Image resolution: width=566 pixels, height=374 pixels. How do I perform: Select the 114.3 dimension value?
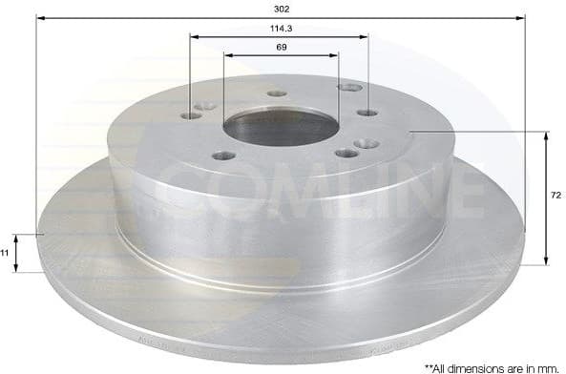coord(279,28)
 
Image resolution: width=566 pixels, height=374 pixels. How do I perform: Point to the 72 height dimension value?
coord(556,196)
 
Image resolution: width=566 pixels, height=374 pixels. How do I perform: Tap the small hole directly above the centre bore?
coord(278,93)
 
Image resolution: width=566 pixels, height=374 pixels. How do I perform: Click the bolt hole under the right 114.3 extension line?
coord(368,113)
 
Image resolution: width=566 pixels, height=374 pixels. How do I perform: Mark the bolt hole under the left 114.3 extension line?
coord(191,114)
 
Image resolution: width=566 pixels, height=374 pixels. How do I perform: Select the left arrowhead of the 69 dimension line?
coord(227,54)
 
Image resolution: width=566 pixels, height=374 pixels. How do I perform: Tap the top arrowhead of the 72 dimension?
coord(545,135)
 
